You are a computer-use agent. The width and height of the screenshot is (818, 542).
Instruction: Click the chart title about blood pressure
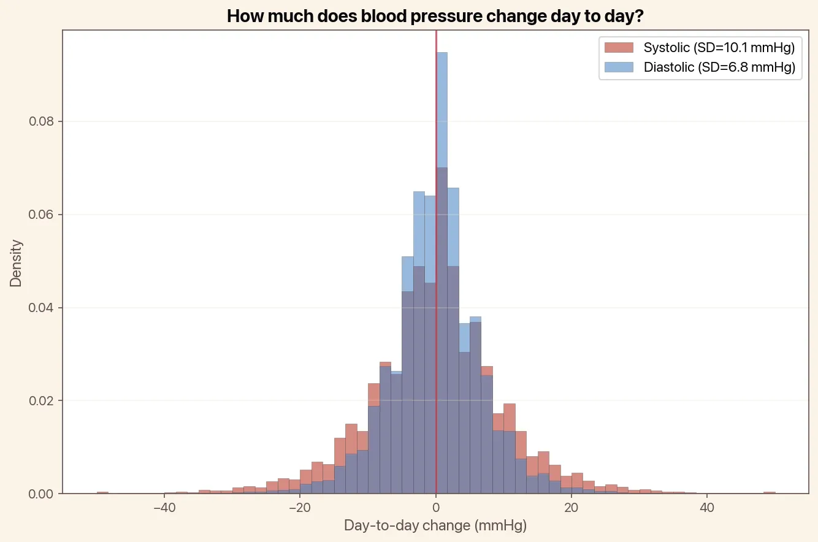coord(435,16)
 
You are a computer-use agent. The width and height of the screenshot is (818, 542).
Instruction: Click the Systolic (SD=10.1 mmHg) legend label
coord(719,47)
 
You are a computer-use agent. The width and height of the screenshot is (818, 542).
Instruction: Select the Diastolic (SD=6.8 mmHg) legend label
coord(719,67)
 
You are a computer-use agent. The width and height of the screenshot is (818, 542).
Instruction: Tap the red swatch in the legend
coord(618,47)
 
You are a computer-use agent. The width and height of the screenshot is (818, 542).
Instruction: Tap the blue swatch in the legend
coord(618,67)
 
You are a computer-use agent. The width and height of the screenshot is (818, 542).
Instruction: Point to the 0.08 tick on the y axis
coord(41,121)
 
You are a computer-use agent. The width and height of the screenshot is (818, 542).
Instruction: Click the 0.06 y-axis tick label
coord(41,215)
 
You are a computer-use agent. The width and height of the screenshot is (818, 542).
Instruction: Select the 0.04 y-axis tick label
coord(41,308)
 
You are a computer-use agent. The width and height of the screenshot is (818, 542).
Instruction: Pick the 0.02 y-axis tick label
coord(41,401)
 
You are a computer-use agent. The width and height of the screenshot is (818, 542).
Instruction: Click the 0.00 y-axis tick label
coord(41,494)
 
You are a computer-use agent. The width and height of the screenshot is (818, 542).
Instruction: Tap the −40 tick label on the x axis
coord(164,508)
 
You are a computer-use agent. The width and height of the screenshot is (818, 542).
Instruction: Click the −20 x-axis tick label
coord(299,508)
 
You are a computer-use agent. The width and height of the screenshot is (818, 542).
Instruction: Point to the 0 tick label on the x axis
coord(435,508)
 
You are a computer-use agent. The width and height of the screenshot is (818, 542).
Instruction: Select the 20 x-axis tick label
coord(571,508)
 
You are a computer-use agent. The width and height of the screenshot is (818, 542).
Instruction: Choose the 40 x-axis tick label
coord(707,508)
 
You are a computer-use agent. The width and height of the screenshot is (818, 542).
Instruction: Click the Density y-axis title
coord(16,262)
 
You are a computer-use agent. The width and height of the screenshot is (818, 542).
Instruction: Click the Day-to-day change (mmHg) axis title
coord(435,526)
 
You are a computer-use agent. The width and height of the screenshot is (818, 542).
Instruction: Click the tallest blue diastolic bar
coord(442,110)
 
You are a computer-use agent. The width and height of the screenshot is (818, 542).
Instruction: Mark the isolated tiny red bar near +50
coord(770,492)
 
